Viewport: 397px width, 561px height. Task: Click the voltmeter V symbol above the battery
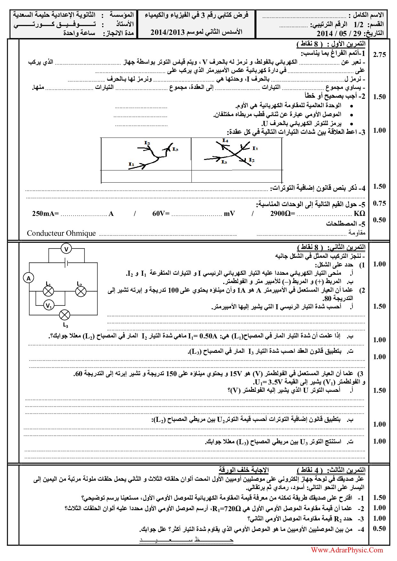tap(66, 249)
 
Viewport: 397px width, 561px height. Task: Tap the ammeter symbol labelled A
tap(28, 278)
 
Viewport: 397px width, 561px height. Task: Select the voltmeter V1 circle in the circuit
tap(48, 306)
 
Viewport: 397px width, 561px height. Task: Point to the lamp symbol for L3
tap(65, 315)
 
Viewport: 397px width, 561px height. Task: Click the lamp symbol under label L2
tap(81, 291)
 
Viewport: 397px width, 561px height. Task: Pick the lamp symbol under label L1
tap(48, 291)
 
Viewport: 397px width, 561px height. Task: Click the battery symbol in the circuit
tap(66, 263)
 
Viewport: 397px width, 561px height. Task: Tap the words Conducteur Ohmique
tap(61, 233)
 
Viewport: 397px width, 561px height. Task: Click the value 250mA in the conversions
tap(45, 214)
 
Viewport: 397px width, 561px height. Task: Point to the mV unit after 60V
tap(229, 214)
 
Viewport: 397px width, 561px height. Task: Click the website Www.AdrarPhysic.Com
tap(347, 550)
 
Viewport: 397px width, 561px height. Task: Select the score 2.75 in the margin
tap(379, 55)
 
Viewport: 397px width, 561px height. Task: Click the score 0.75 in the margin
tap(379, 203)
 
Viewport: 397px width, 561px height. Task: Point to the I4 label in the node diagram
tap(225, 140)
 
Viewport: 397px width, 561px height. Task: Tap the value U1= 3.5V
tap(269, 382)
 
